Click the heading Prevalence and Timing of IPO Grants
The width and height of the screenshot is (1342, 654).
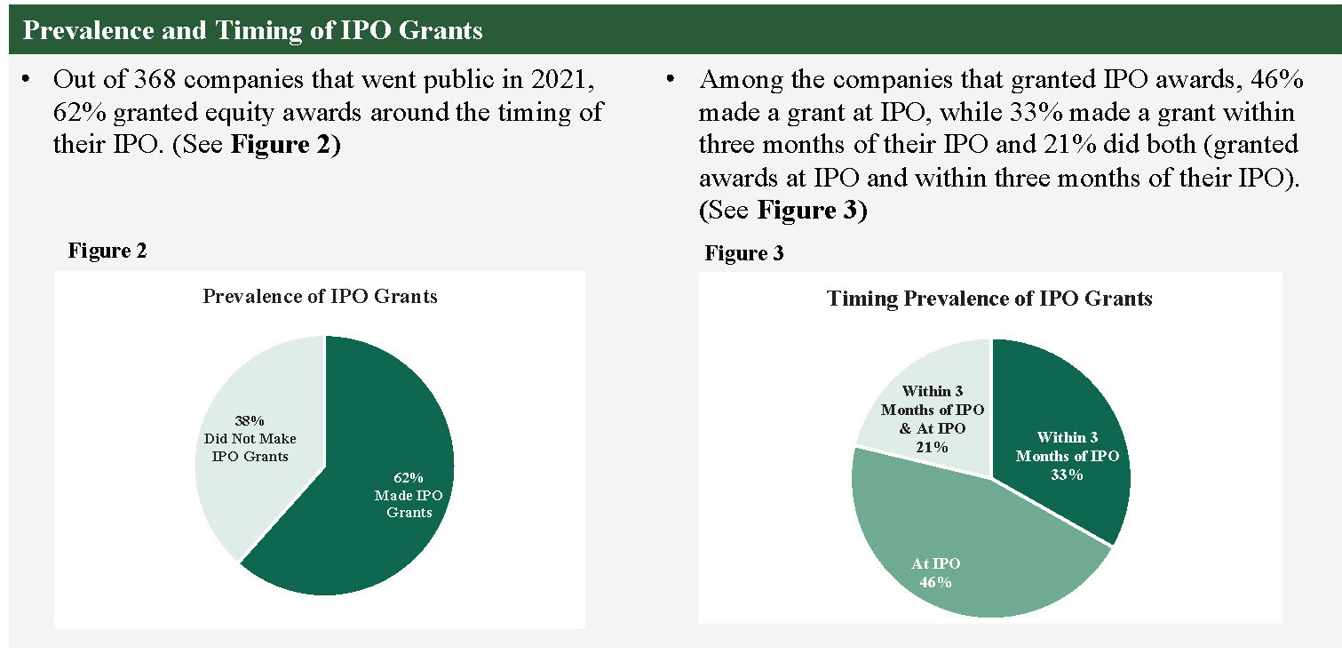pyautogui.click(x=252, y=30)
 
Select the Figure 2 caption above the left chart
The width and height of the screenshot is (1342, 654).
pyautogui.click(x=107, y=251)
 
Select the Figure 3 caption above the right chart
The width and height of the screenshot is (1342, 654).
pyautogui.click(x=744, y=254)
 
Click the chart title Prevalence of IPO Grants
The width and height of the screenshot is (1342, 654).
pyautogui.click(x=320, y=296)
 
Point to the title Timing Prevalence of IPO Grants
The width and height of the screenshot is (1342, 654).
pyautogui.click(x=989, y=299)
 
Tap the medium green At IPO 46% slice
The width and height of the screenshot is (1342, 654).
pyautogui.click(x=959, y=551)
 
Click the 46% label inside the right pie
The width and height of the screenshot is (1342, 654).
pyautogui.click(x=935, y=583)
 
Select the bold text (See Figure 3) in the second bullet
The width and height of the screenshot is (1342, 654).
pyautogui.click(x=782, y=212)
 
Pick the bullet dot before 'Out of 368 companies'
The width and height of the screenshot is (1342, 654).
pyautogui.click(x=28, y=81)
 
